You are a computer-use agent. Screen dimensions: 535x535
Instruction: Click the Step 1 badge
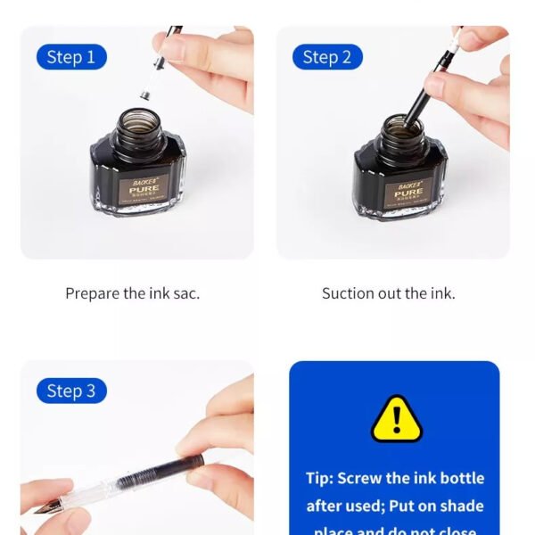tap(71, 57)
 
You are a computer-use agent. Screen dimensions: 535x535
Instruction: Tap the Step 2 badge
tap(327, 57)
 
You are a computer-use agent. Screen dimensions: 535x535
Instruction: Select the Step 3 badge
tap(71, 391)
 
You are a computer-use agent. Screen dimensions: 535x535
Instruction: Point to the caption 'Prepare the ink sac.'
tap(132, 293)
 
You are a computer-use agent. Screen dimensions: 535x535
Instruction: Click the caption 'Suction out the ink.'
tap(388, 293)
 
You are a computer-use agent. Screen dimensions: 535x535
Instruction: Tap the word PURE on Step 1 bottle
tap(144, 189)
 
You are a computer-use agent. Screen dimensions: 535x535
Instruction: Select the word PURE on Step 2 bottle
tap(408, 192)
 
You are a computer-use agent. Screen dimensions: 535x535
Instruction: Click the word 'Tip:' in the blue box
tap(319, 478)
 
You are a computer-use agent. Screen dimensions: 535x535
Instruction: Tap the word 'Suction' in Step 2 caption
tap(349, 293)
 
